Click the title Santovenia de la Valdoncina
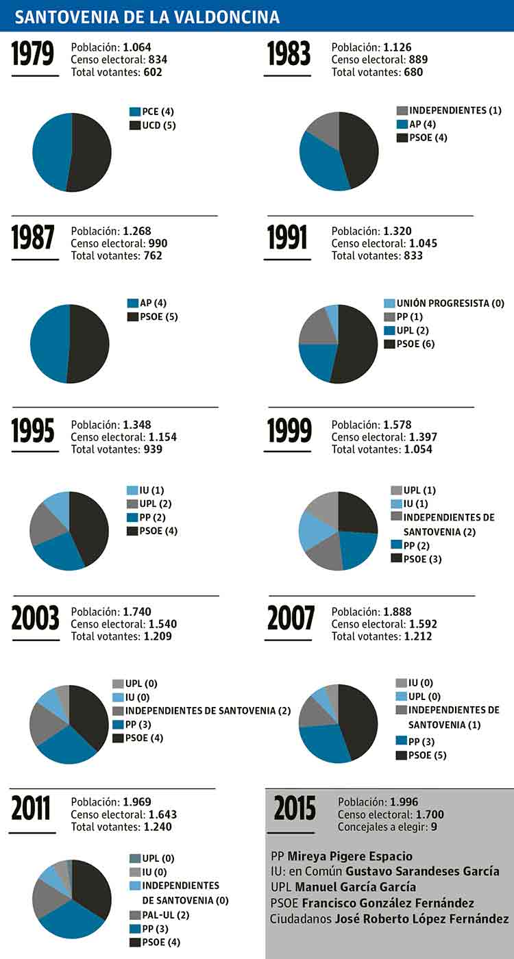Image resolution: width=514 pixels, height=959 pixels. coord(147,17)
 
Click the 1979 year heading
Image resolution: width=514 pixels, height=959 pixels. coord(33,55)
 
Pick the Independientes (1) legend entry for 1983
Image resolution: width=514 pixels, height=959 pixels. coord(449,110)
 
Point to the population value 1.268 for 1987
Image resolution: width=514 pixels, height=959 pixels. coord(137,231)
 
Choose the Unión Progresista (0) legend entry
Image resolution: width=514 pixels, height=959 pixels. coord(443,303)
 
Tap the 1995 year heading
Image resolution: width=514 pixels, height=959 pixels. coord(33,431)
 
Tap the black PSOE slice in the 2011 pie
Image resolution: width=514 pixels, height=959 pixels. coord(91,887)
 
